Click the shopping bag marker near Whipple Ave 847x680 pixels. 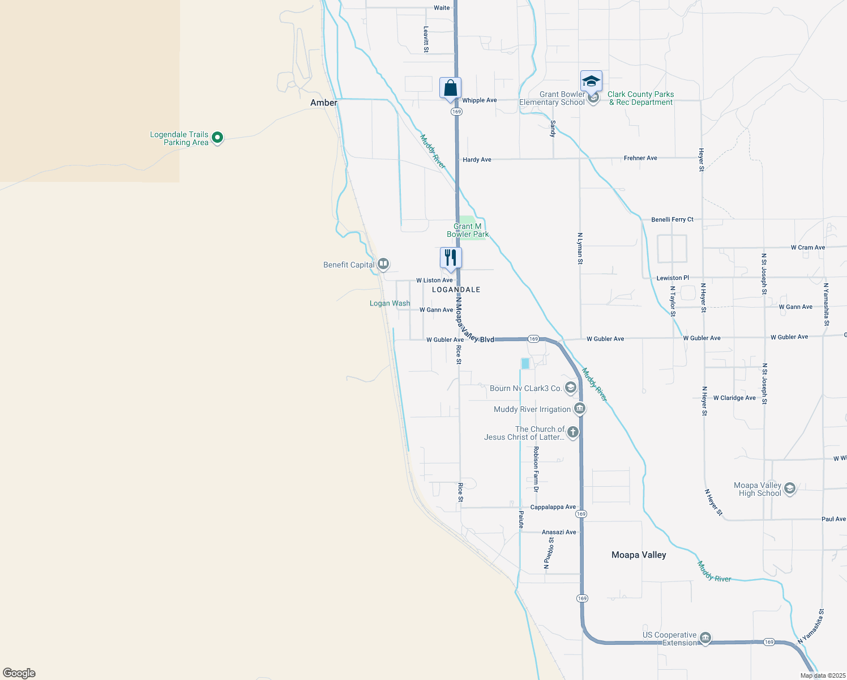coord(450,88)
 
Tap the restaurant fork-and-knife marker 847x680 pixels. coord(451,258)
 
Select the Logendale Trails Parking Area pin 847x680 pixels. coord(217,137)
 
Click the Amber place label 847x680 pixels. coord(323,103)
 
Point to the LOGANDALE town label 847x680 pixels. coord(456,290)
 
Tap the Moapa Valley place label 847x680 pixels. coord(639,555)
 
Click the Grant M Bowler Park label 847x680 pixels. coord(468,230)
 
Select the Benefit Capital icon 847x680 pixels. coord(383,263)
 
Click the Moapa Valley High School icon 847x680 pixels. coord(790,488)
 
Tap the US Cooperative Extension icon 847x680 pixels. coord(705,638)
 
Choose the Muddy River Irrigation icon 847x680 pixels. coord(579,409)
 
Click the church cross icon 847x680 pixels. coord(573,432)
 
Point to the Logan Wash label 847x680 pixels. coord(390,303)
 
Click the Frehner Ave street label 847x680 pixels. coord(640,158)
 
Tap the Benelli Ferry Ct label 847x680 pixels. coord(672,219)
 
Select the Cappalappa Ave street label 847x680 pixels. coord(553,507)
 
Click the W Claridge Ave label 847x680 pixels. coord(734,398)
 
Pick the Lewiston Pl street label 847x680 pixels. coord(673,278)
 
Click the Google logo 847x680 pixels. coord(19,673)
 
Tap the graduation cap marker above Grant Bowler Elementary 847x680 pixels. coord(591,82)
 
